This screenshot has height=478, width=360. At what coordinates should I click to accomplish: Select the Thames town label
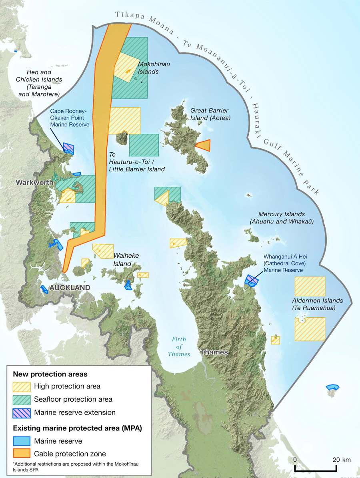pyautogui.click(x=214, y=352)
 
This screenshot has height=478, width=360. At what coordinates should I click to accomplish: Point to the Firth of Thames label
pyautogui.click(x=179, y=347)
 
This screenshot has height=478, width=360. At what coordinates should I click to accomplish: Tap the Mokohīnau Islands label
pyautogui.click(x=148, y=68)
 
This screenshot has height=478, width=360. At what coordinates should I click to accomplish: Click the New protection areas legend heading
pyautogui.click(x=50, y=374)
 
